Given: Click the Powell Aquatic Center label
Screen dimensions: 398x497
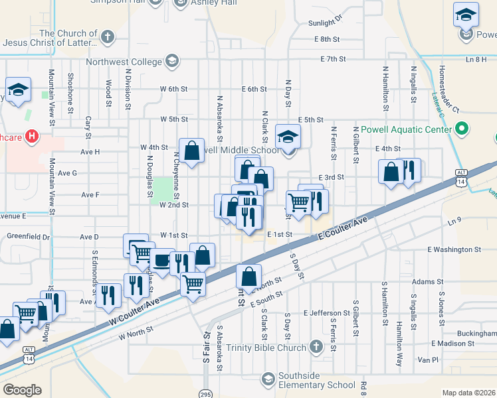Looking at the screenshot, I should pyautogui.click(x=403, y=128).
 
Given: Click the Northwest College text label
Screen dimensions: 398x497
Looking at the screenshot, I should pyautogui.click(x=124, y=62).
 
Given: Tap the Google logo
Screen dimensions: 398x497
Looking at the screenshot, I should pyautogui.click(x=22, y=390).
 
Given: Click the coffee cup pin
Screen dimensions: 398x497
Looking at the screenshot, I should pyautogui.click(x=161, y=260).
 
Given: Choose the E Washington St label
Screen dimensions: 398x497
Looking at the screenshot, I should pyautogui.click(x=454, y=249).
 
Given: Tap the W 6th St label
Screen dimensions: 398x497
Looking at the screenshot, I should pyautogui.click(x=173, y=89).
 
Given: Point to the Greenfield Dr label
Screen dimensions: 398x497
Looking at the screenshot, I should pyautogui.click(x=28, y=236).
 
